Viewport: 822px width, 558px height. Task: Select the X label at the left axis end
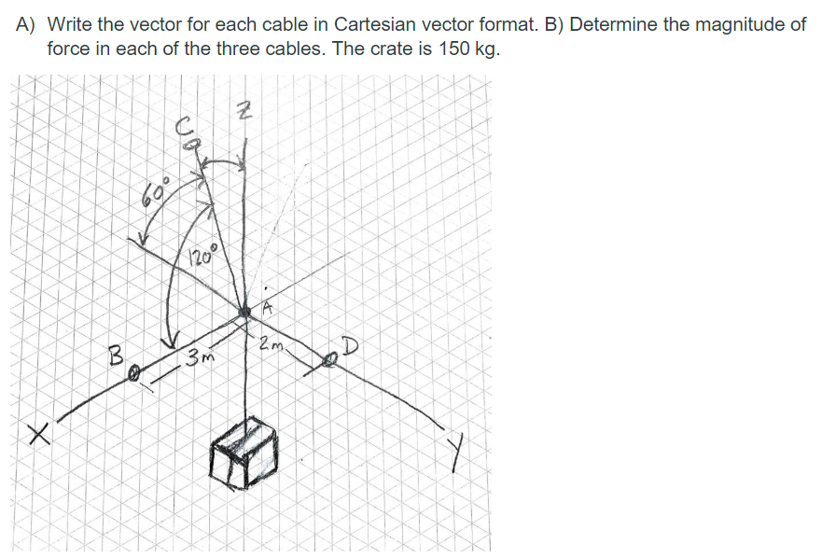pyautogui.click(x=36, y=432)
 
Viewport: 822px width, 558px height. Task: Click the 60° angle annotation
pyautogui.click(x=158, y=192)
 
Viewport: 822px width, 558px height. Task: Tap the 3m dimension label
pyautogui.click(x=200, y=356)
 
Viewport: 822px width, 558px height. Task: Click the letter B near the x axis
pyautogui.click(x=117, y=356)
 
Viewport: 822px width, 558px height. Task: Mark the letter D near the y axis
pyautogui.click(x=348, y=347)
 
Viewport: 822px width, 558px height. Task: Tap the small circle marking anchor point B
pyautogui.click(x=134, y=373)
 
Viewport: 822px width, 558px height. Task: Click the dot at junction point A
pyautogui.click(x=245, y=311)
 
